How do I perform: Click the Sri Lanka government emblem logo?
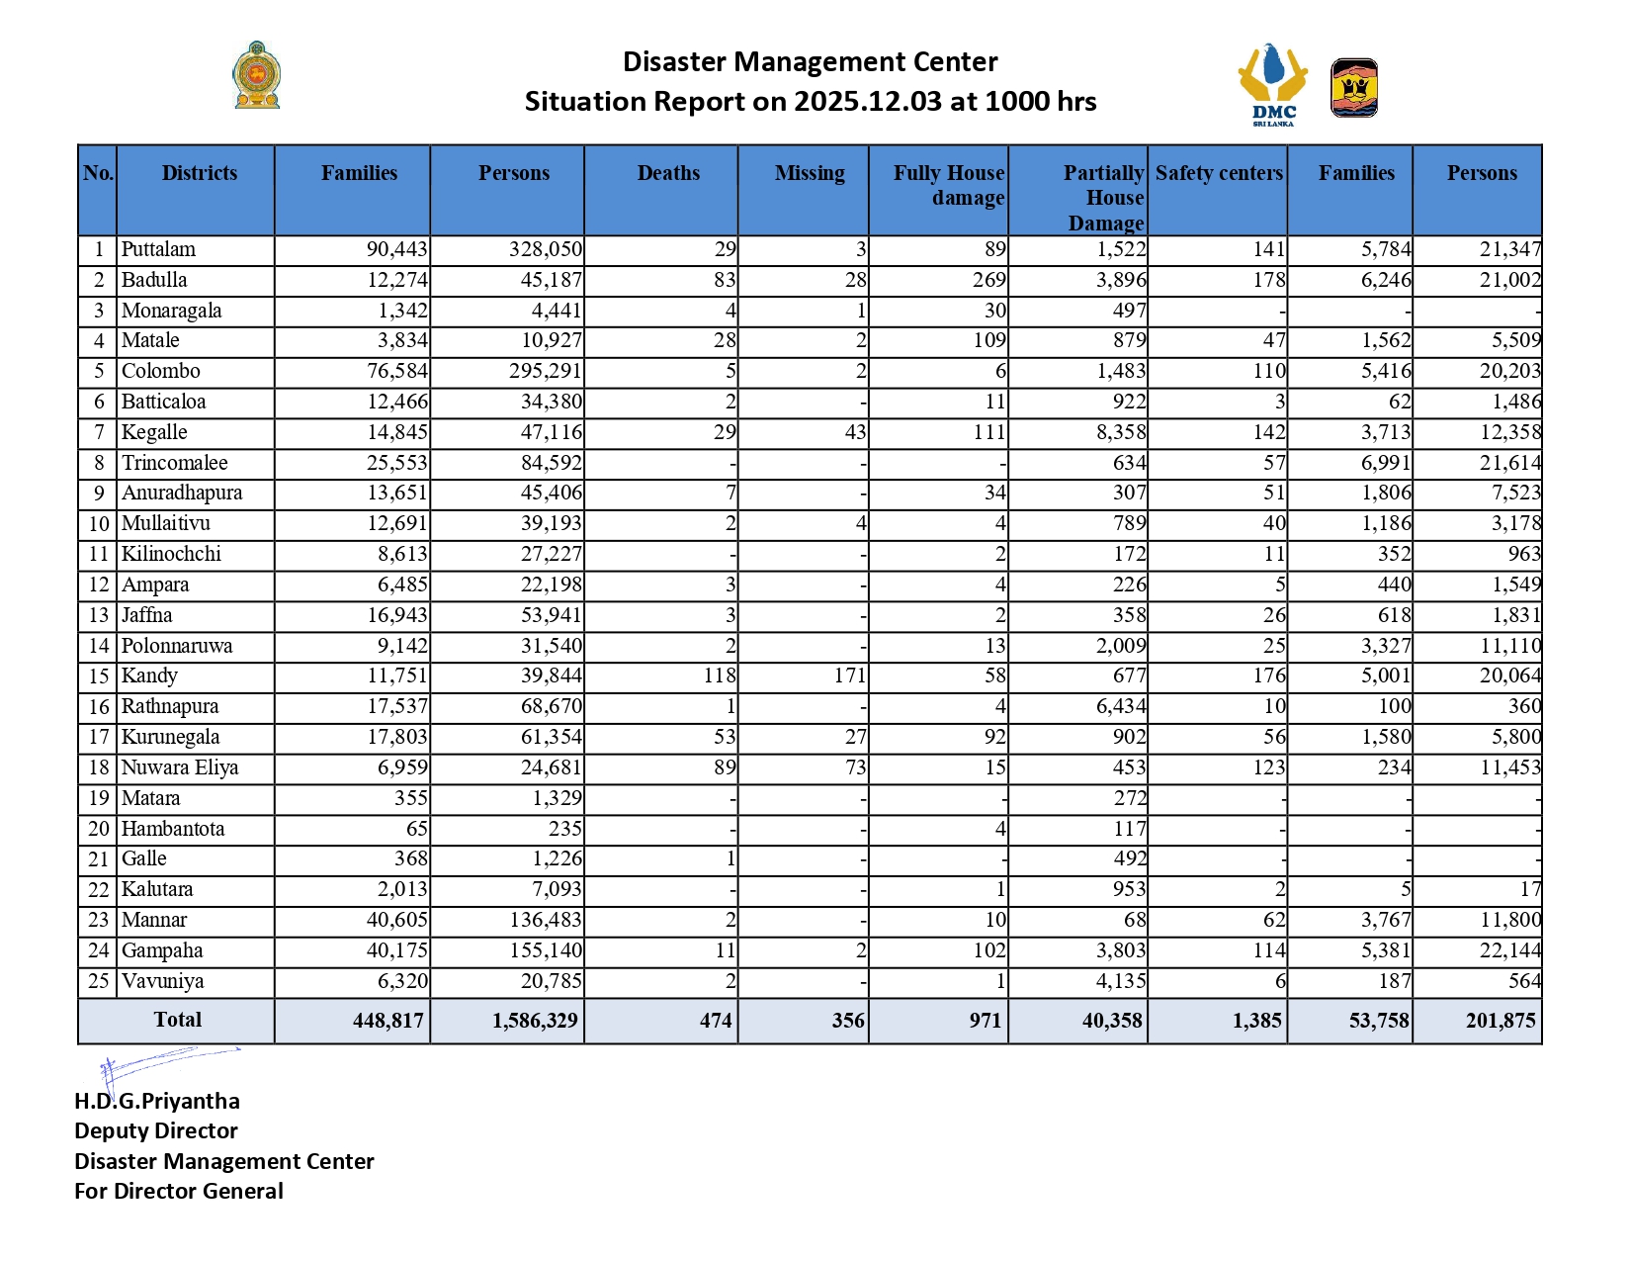point(257,75)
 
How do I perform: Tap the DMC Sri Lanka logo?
point(1273,84)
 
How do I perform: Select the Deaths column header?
point(668,173)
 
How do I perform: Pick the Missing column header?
point(810,173)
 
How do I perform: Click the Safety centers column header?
point(1219,173)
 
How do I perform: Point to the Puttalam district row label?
point(158,249)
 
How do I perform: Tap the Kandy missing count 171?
point(849,676)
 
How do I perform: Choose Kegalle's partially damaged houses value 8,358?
point(1121,432)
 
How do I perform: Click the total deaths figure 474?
point(716,1021)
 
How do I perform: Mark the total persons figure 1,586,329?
point(535,1021)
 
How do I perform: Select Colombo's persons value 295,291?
point(546,371)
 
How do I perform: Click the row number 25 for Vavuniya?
point(98,981)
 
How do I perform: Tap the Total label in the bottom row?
point(178,1020)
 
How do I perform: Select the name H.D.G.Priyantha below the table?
point(157,1101)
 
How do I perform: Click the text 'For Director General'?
point(179,1191)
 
